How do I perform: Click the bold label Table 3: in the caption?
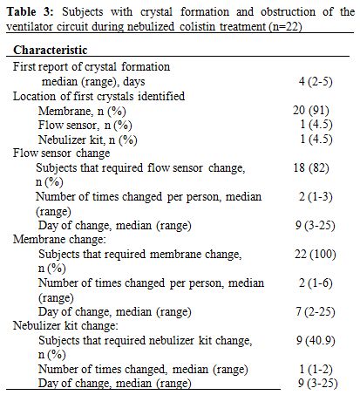click(x=31, y=12)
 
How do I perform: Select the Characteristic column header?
click(x=51, y=50)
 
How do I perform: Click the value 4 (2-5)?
click(x=316, y=81)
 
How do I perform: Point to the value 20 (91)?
click(x=311, y=111)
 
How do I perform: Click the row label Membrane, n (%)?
click(x=82, y=111)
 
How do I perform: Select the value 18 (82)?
click(x=311, y=167)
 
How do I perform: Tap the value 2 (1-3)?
click(x=316, y=196)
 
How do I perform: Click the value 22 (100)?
click(x=316, y=254)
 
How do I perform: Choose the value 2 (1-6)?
click(x=316, y=283)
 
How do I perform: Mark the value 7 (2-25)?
click(x=316, y=311)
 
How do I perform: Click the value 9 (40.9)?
click(x=316, y=340)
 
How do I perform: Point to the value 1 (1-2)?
click(x=316, y=369)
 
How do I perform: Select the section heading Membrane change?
click(x=59, y=240)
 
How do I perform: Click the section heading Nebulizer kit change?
click(x=65, y=326)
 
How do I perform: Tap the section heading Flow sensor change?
click(x=62, y=153)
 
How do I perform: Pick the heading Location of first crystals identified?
click(x=98, y=96)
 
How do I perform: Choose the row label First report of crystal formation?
click(x=92, y=67)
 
